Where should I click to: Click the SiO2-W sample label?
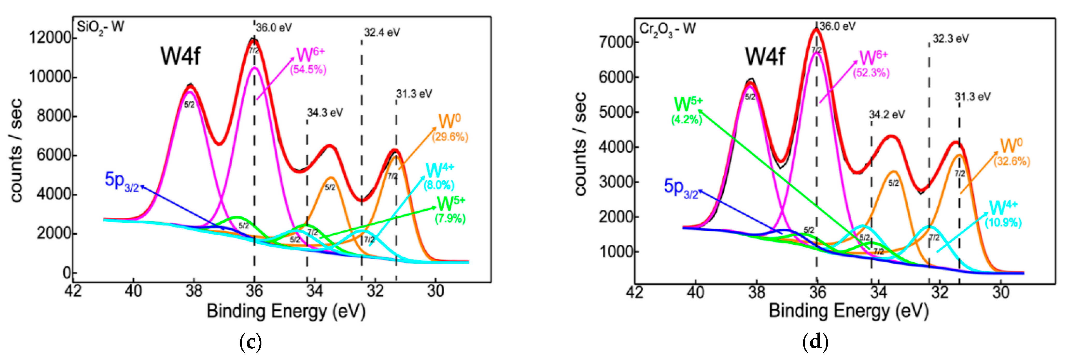(100, 28)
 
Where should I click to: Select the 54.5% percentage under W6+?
(308, 70)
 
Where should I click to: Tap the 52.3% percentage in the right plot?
(871, 73)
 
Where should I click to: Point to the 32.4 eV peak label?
(382, 33)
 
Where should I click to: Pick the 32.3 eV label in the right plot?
(951, 39)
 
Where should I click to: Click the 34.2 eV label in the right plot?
(887, 115)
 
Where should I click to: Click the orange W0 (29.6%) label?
(450, 129)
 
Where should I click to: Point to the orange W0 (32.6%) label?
(1012, 153)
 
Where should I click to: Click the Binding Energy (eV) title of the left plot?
(286, 311)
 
